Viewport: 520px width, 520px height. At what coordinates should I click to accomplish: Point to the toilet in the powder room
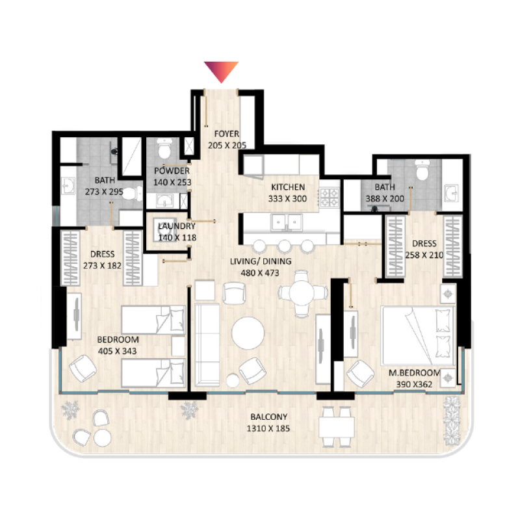(x=165, y=149)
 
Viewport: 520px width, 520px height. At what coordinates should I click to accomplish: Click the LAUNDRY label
(x=172, y=226)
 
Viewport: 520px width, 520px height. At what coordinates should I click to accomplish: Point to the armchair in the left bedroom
(x=83, y=370)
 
